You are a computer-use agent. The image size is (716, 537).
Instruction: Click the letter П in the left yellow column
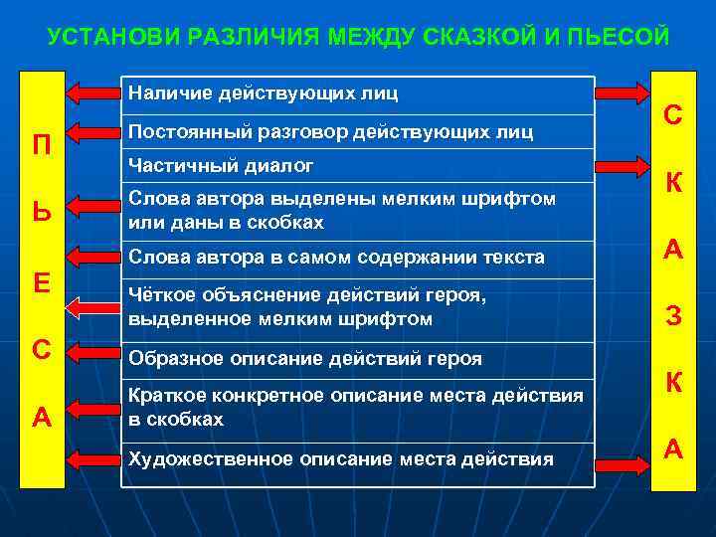click(x=42, y=143)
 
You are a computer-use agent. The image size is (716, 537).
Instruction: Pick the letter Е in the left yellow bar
click(x=42, y=283)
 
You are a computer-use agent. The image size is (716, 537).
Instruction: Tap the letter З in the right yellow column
click(x=673, y=317)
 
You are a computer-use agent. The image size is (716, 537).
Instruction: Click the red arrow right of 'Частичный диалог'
click(x=623, y=165)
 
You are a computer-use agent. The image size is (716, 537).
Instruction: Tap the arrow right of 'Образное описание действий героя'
click(x=623, y=358)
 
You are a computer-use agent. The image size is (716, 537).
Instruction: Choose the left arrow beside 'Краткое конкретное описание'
click(x=92, y=409)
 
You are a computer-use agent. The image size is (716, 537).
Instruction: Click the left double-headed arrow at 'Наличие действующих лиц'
click(x=92, y=93)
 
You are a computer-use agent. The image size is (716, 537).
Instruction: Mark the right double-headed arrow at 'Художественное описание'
click(x=623, y=459)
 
